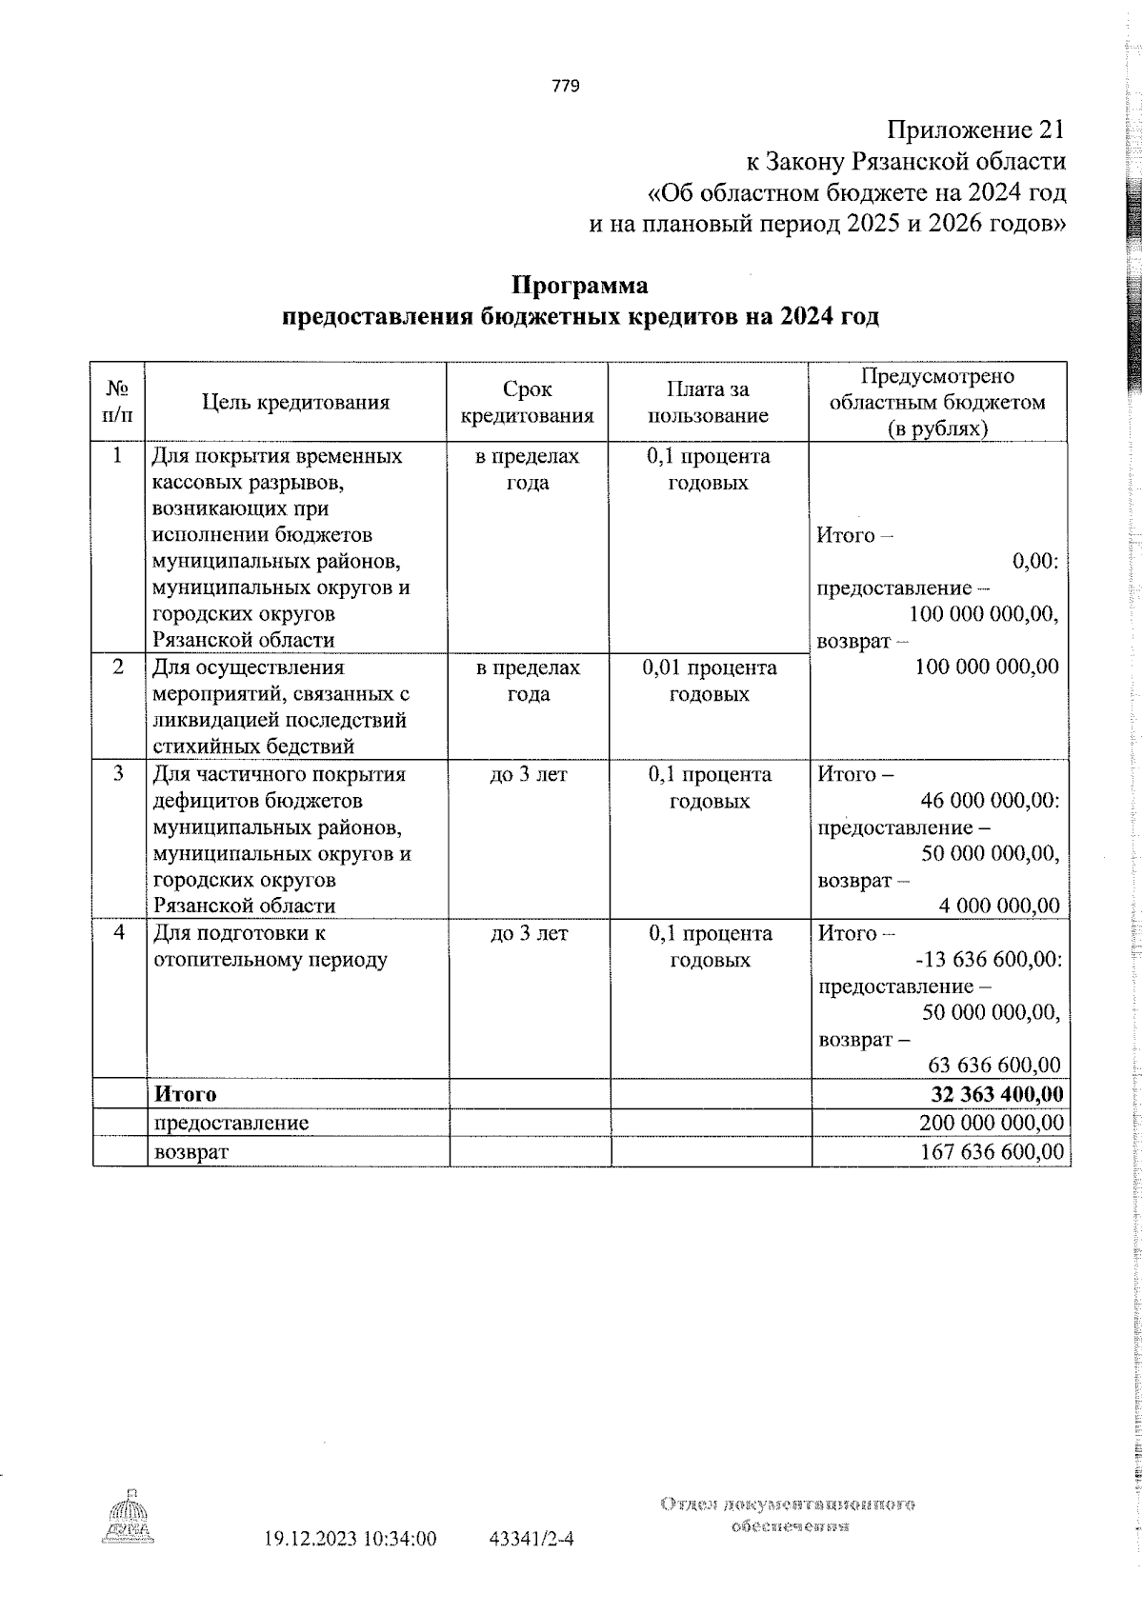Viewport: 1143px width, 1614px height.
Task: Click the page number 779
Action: pos(565,87)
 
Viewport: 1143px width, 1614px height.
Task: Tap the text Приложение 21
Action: pos(975,130)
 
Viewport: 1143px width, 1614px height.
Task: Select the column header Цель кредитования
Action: pos(295,402)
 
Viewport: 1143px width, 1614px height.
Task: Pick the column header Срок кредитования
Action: pos(527,402)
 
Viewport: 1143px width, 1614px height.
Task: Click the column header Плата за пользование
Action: pos(708,402)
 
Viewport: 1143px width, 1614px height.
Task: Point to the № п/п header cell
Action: pos(117,402)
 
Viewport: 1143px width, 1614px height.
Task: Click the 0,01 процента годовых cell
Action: pos(709,681)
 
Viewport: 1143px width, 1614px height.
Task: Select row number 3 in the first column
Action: pos(118,774)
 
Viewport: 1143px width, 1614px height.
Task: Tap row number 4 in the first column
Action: pos(118,933)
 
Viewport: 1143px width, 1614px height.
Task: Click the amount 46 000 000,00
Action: pos(991,801)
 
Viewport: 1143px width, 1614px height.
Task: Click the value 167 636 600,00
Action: pos(992,1152)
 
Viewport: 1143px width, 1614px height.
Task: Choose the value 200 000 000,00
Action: pos(992,1123)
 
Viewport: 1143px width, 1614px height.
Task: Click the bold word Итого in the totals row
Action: pos(186,1094)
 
